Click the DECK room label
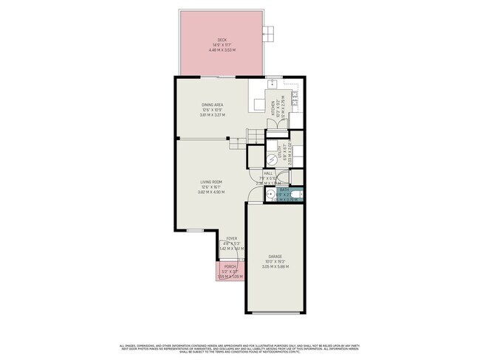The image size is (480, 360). pos(222,40)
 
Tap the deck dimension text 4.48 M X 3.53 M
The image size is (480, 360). pos(222,50)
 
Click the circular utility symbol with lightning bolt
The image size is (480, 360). pos(270,159)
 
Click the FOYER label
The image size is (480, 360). pos(232,239)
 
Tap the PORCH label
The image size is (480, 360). pos(230,266)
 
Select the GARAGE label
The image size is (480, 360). pos(274,257)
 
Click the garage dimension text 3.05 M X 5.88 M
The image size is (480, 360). pos(274,267)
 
